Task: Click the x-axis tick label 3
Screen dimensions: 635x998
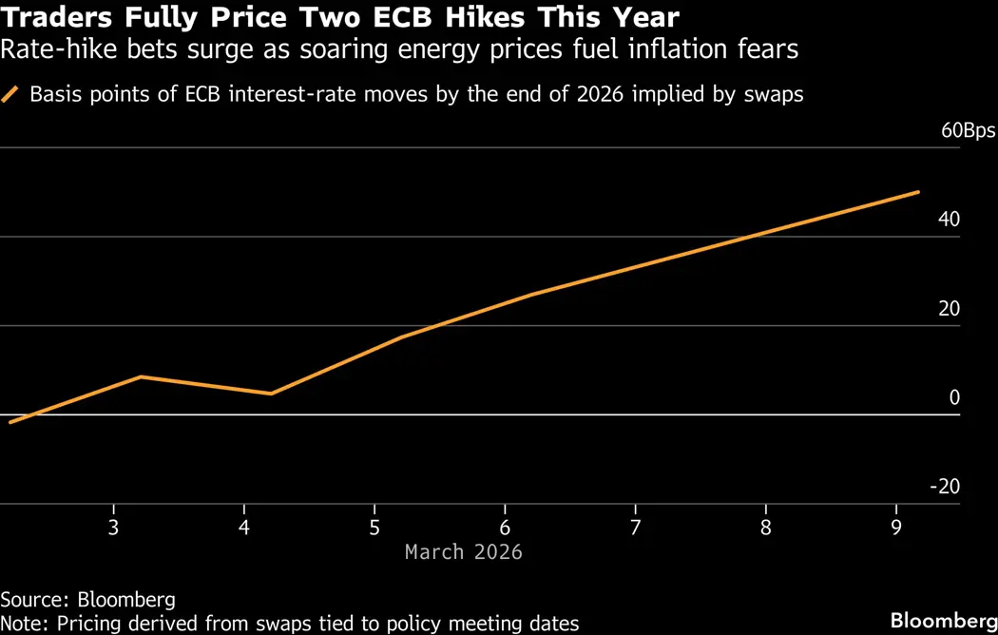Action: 114,528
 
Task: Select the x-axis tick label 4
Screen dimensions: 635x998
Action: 244,528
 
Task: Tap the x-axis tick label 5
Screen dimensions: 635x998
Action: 374,528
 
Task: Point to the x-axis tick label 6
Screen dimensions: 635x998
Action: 505,528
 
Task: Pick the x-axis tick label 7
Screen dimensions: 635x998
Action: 635,528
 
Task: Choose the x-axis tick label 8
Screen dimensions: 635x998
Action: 766,528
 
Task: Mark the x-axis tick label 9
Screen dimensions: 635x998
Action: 896,528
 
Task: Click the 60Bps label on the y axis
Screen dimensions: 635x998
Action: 968,131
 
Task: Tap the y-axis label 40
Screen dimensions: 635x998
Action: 949,220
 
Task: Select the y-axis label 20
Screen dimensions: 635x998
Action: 949,309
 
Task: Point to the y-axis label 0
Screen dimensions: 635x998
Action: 954,397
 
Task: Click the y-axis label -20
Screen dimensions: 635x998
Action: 945,487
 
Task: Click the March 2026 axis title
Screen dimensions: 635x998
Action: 464,552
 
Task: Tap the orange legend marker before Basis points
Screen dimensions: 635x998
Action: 11,95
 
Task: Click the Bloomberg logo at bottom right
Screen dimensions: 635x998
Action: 943,621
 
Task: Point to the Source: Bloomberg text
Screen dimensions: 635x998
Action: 87,600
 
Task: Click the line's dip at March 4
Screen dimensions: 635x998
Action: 272,394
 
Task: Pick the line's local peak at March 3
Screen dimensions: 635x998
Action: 142,377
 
